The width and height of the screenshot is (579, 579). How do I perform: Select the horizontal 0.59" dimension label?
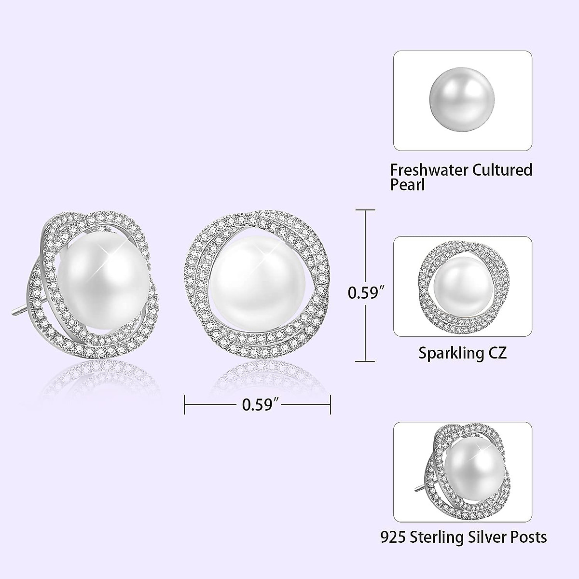point(258,404)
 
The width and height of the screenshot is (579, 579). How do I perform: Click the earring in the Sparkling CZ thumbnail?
point(463,286)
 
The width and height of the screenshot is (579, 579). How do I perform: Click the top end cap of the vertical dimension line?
point(365,210)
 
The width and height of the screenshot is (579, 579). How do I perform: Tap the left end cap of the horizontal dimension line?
point(186,404)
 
